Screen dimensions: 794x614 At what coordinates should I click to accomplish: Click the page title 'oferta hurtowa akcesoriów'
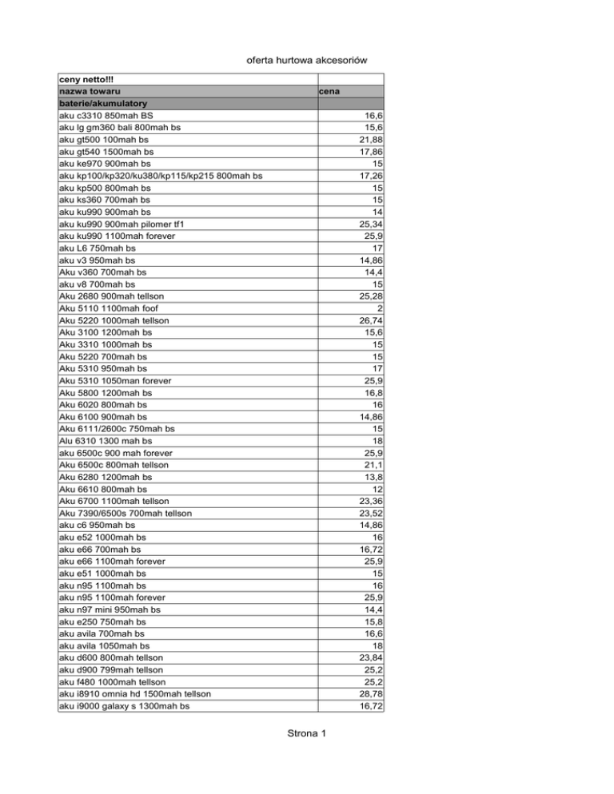click(x=307, y=61)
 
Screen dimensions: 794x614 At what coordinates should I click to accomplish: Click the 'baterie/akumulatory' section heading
click(x=103, y=104)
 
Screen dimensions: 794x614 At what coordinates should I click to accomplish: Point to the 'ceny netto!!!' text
click(x=87, y=80)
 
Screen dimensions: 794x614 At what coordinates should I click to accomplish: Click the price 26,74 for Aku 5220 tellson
click(x=370, y=320)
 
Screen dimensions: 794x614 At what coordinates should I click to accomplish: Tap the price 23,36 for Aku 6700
click(x=370, y=501)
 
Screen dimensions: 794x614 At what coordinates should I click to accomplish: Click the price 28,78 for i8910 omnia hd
click(x=370, y=693)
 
